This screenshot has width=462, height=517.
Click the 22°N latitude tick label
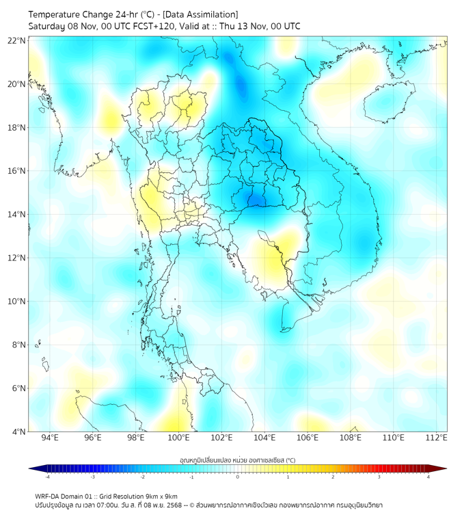point(17,40)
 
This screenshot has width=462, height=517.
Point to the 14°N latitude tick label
point(17,214)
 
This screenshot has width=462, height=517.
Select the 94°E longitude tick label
point(50,438)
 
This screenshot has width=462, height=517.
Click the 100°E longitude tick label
point(178,438)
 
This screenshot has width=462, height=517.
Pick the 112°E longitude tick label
point(437,438)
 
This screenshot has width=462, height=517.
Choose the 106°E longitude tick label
point(308,438)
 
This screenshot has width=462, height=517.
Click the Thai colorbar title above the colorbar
point(237,460)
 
